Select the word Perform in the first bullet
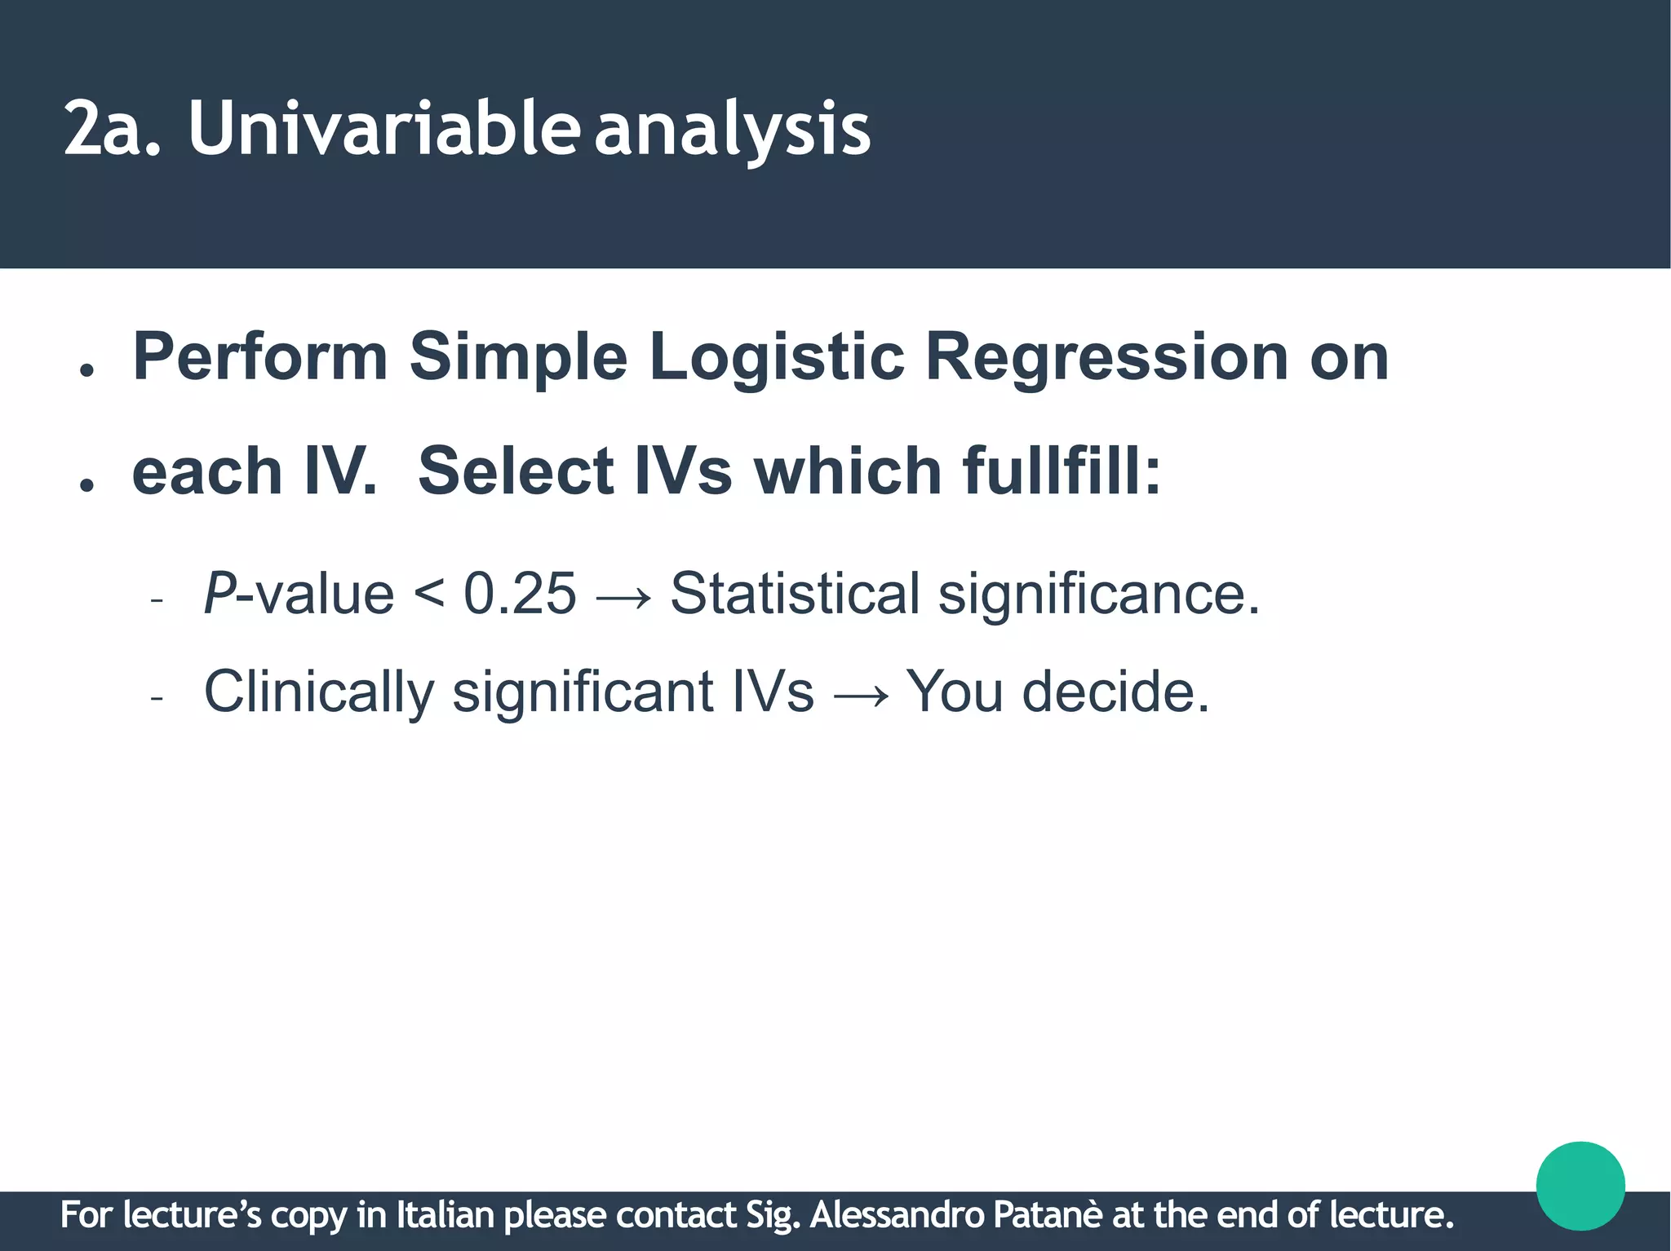pyautogui.click(x=259, y=357)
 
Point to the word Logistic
pyautogui.click(x=776, y=357)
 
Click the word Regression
pyautogui.click(x=1106, y=357)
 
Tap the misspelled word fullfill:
pyautogui.click(x=1061, y=471)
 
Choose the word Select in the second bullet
pyautogui.click(x=515, y=471)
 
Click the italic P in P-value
pyautogui.click(x=219, y=593)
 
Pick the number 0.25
pyautogui.click(x=520, y=593)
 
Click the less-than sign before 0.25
pyautogui.click(x=429, y=595)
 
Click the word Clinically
pyautogui.click(x=318, y=692)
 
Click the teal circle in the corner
pyautogui.click(x=1580, y=1185)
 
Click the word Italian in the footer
pyautogui.click(x=445, y=1215)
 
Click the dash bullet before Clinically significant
pyautogui.click(x=157, y=698)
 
